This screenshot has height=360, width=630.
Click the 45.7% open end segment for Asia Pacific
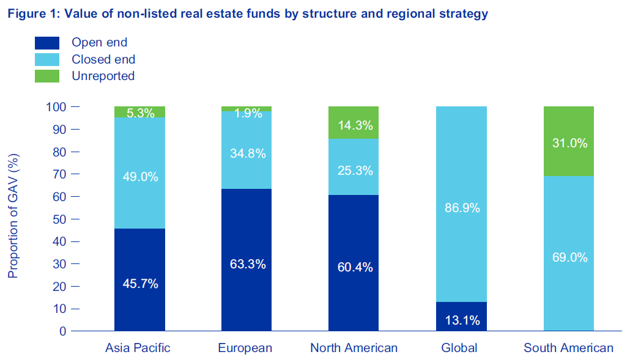tap(139, 280)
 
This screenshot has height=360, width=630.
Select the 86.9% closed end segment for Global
tap(461, 204)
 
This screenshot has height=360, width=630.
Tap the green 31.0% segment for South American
tap(568, 141)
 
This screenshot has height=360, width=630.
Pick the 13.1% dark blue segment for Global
tap(461, 316)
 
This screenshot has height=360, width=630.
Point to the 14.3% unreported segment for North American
tap(354, 123)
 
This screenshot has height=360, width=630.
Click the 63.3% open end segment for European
tap(246, 260)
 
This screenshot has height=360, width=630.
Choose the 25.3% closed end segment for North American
tap(354, 167)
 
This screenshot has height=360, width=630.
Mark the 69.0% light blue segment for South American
tap(568, 254)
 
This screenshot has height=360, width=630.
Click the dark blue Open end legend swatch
tap(47, 43)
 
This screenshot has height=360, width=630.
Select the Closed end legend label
tap(103, 59)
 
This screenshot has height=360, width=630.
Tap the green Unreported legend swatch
tap(47, 76)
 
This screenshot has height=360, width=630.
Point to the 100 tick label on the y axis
tap(56, 107)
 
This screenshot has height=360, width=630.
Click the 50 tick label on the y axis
tap(60, 219)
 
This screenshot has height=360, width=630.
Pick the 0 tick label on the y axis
tap(63, 331)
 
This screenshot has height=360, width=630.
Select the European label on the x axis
tap(245, 348)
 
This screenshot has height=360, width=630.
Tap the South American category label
tap(568, 348)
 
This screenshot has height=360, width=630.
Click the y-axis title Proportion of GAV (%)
tap(13, 216)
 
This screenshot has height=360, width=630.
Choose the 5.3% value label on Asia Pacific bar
tap(140, 113)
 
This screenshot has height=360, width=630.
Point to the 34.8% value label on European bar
tap(248, 153)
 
